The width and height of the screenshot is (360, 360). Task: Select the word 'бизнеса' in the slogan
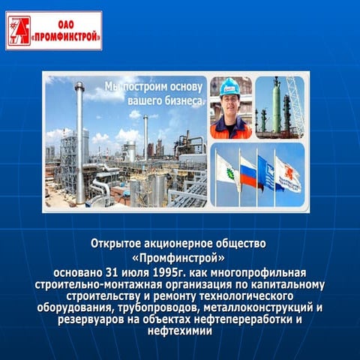coord(181,100)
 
